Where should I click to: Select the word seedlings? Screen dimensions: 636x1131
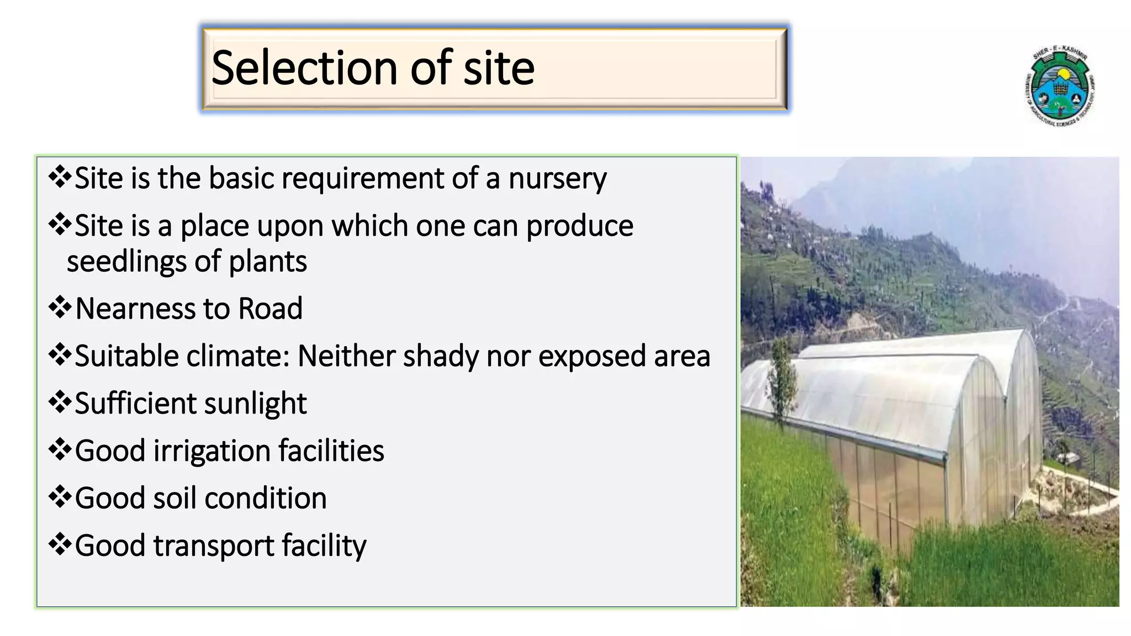(x=126, y=262)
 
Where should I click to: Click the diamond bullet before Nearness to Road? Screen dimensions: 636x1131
(x=60, y=308)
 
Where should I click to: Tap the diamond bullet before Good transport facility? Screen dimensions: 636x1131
(x=60, y=545)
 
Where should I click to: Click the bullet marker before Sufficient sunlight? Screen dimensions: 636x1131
(x=60, y=402)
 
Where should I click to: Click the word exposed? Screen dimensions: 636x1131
(x=591, y=356)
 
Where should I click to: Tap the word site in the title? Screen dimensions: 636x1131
(x=499, y=68)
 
